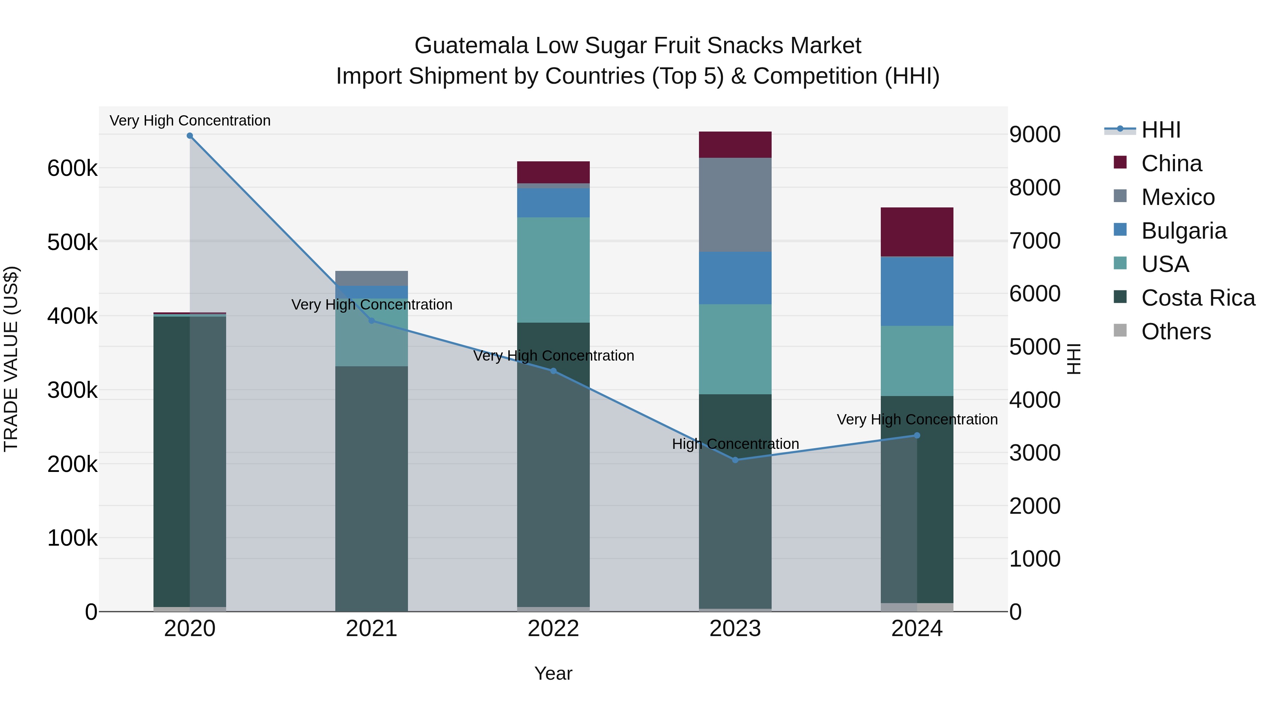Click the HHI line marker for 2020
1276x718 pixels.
tap(190, 136)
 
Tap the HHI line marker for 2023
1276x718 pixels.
tap(735, 460)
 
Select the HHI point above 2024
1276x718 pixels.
tap(917, 435)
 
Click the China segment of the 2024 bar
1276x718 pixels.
tap(917, 232)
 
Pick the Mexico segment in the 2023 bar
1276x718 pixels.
tap(735, 205)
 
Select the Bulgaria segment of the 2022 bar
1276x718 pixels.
tap(553, 203)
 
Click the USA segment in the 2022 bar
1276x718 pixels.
tap(553, 270)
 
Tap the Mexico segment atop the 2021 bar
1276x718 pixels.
tap(371, 278)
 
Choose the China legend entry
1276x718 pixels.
tap(1171, 163)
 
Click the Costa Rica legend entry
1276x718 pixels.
tap(1198, 298)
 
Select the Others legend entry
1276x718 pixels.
tap(1176, 332)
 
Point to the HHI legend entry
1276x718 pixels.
tap(1160, 130)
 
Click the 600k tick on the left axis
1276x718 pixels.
tap(72, 168)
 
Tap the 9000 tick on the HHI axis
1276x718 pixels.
tap(1035, 134)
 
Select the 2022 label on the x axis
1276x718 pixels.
tap(553, 629)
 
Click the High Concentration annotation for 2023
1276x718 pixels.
tap(735, 444)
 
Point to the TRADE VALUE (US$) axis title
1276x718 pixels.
tap(11, 359)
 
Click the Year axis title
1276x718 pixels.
tap(553, 673)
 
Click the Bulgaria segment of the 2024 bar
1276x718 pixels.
tap(917, 291)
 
